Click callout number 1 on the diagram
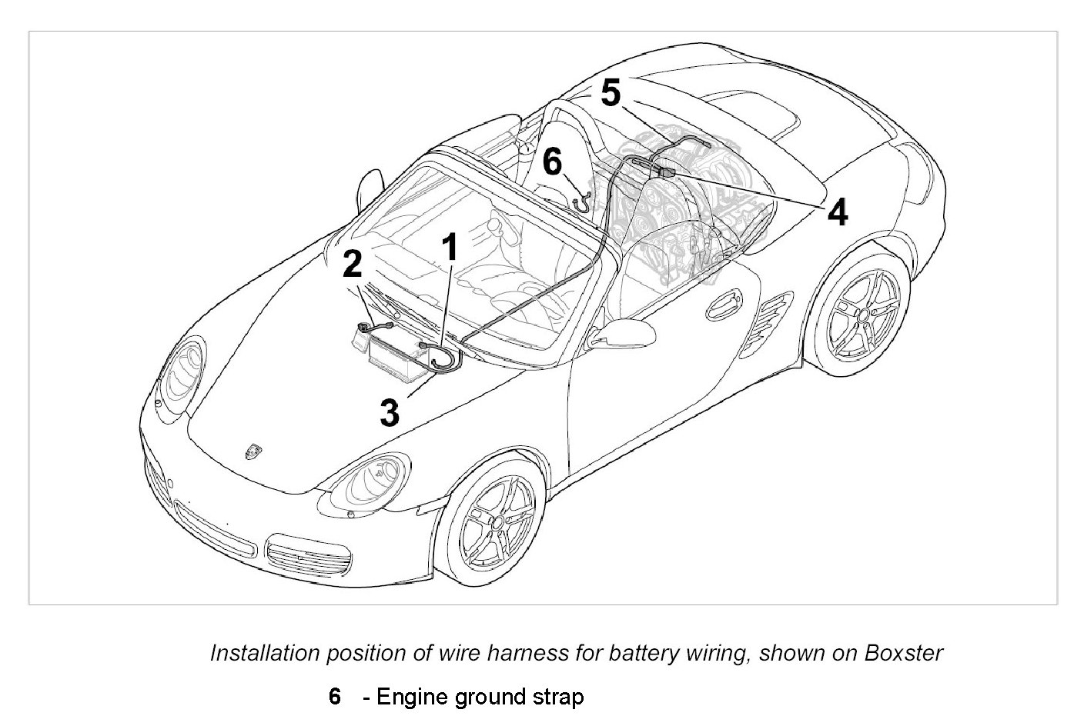450,248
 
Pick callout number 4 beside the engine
838,211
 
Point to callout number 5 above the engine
610,94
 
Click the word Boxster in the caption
904,653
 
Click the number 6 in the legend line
334,697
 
